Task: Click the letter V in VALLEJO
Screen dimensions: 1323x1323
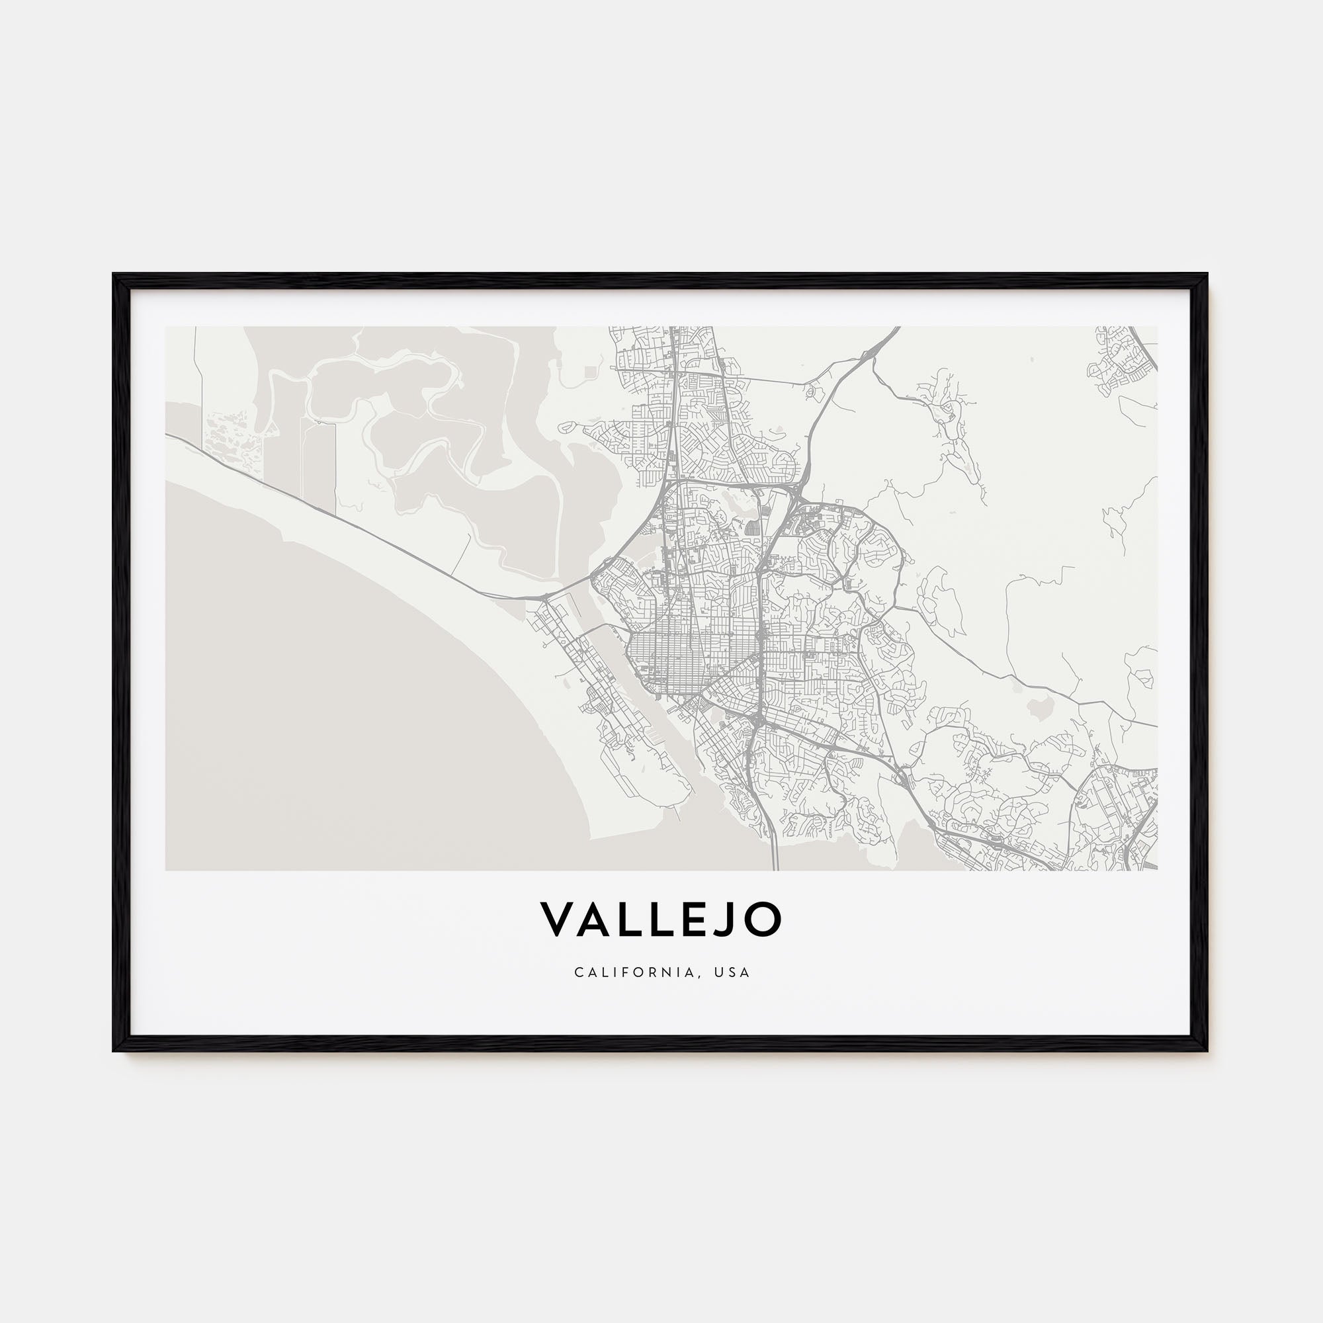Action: pyautogui.click(x=559, y=919)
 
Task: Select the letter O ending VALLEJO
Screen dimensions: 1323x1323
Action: pyautogui.click(x=762, y=919)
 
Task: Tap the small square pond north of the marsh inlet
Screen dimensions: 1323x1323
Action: pyautogui.click(x=590, y=371)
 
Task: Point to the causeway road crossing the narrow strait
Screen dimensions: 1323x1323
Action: pyautogui.click(x=609, y=626)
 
